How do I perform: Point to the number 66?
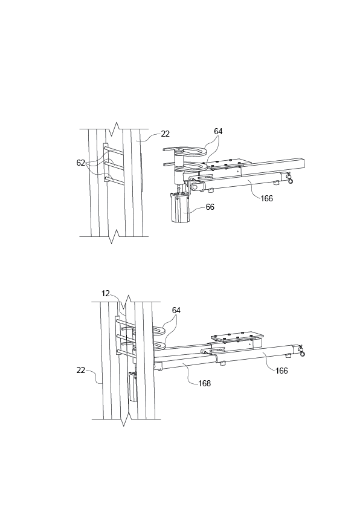pyautogui.click(x=210, y=207)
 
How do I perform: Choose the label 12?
pyautogui.click(x=106, y=293)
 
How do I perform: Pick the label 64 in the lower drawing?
pyautogui.click(x=176, y=310)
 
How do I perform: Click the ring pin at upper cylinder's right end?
pyautogui.click(x=291, y=179)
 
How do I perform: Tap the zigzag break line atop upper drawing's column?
pyautogui.click(x=114, y=128)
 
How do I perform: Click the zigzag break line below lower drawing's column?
pyautogui.click(x=125, y=418)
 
